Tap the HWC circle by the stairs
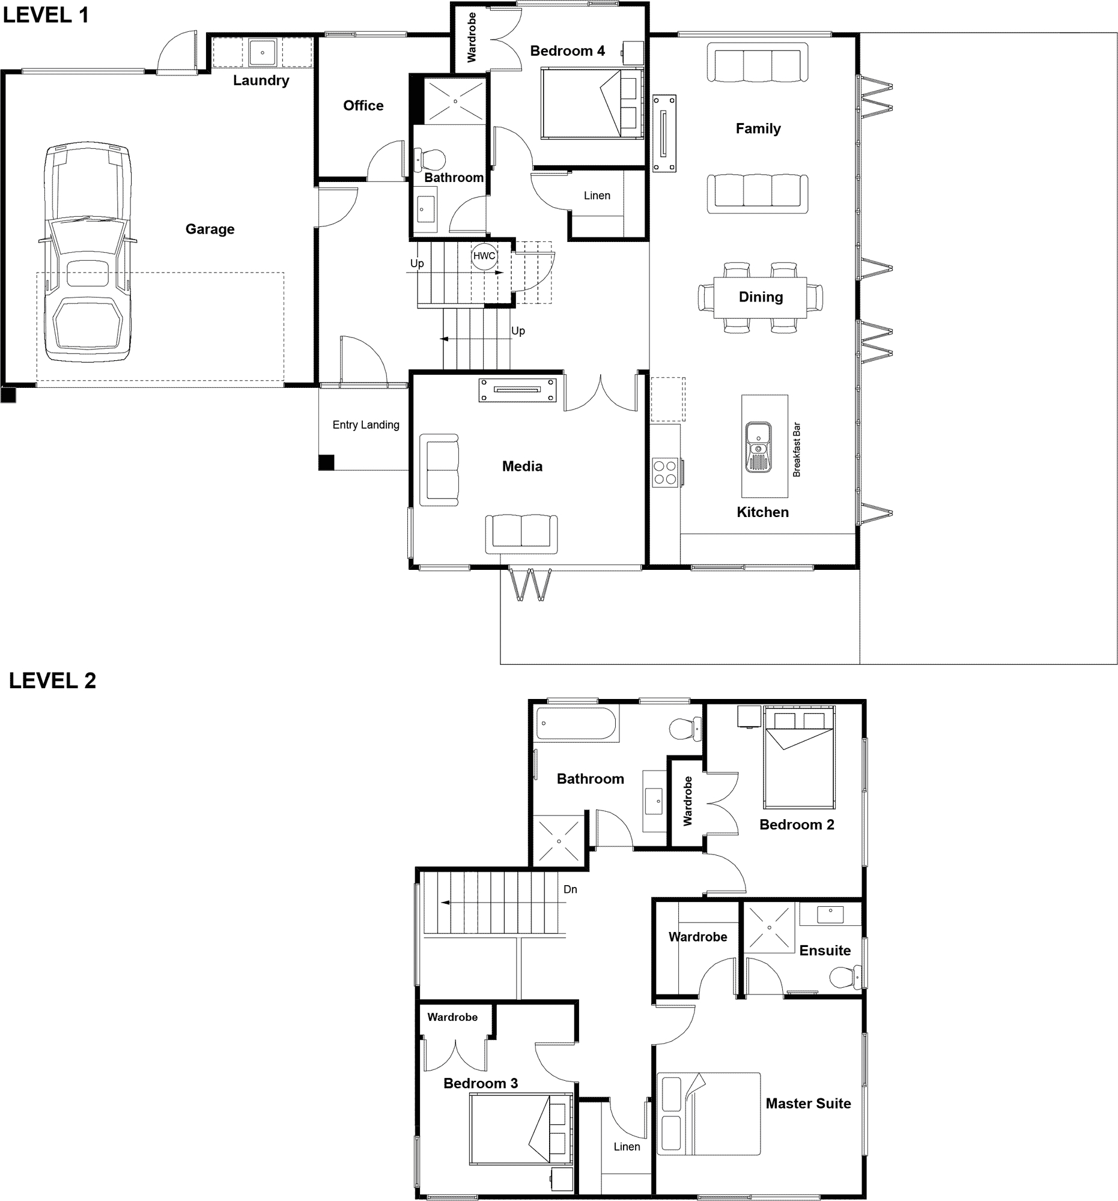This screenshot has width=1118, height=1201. (484, 256)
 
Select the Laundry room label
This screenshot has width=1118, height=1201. (261, 80)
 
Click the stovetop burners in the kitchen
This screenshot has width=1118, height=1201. (665, 473)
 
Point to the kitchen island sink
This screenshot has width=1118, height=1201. (758, 447)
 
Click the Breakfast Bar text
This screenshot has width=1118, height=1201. (797, 449)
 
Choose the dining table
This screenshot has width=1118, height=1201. (760, 297)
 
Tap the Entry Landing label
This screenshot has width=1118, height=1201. (366, 425)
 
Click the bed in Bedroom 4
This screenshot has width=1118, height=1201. (592, 103)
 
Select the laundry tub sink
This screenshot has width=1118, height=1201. (263, 53)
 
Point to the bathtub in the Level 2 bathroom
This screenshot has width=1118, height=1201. (577, 723)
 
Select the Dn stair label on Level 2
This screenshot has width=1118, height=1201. (570, 889)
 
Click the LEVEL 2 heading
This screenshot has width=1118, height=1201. (53, 680)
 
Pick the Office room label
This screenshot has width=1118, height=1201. (363, 106)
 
